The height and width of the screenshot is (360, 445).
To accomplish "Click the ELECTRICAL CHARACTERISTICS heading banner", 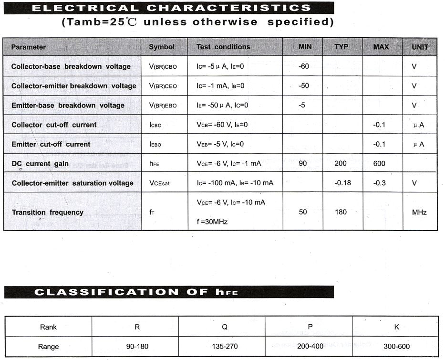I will click(x=169, y=8).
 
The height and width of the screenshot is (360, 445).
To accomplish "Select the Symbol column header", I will click(x=162, y=47).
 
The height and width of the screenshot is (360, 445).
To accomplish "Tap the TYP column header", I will click(x=341, y=47).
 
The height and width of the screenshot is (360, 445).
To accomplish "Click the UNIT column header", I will click(x=420, y=47).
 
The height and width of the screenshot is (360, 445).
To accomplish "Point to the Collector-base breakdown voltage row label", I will click(x=71, y=66).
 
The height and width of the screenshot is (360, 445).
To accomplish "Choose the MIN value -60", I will click(x=303, y=66).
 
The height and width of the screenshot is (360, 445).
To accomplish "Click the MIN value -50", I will click(x=303, y=86).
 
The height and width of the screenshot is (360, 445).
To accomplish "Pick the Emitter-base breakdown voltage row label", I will click(x=68, y=105).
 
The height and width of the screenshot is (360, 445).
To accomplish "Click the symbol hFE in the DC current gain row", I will click(x=154, y=164).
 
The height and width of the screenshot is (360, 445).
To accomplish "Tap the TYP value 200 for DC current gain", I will click(x=341, y=164).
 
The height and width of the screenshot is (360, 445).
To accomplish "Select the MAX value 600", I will click(x=379, y=164).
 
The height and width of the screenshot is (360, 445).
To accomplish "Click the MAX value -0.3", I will click(x=380, y=183).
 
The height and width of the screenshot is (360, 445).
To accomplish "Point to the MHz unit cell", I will click(x=419, y=212).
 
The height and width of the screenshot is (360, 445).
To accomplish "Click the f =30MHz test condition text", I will click(x=212, y=222).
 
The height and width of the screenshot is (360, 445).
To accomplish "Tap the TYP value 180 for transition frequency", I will click(x=341, y=212).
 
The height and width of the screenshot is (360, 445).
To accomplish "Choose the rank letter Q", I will click(x=224, y=327).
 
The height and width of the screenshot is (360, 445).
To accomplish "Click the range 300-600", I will click(x=396, y=347).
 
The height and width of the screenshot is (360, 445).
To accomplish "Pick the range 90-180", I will click(x=137, y=347).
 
